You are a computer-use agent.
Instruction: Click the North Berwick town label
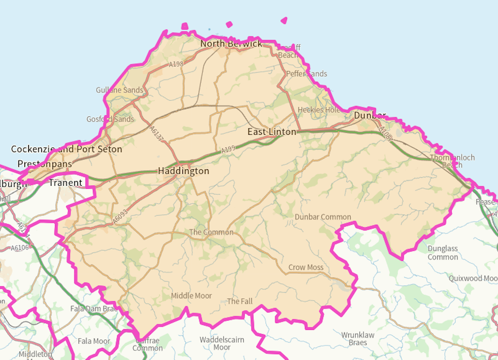point(231,44)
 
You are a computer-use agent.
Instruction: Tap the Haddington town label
point(183,171)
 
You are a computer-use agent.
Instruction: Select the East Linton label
point(271,132)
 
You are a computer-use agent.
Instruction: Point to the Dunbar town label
point(370,115)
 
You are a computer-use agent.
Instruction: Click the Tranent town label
point(65,183)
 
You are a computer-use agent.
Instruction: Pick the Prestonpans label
point(45,164)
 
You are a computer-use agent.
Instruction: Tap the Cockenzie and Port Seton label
point(67,149)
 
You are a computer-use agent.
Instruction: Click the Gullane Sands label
point(120,90)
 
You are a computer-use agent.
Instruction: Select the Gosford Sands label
point(110,119)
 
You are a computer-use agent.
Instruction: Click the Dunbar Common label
point(323,217)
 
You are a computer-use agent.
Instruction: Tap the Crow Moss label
point(306,268)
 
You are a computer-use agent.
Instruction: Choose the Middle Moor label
point(191,296)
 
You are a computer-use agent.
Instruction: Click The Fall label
point(240,302)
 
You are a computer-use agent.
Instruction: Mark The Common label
point(211,233)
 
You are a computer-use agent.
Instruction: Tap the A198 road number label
point(176,64)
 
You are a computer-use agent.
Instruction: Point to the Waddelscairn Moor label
point(222,343)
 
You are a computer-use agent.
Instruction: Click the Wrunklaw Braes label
point(357,339)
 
